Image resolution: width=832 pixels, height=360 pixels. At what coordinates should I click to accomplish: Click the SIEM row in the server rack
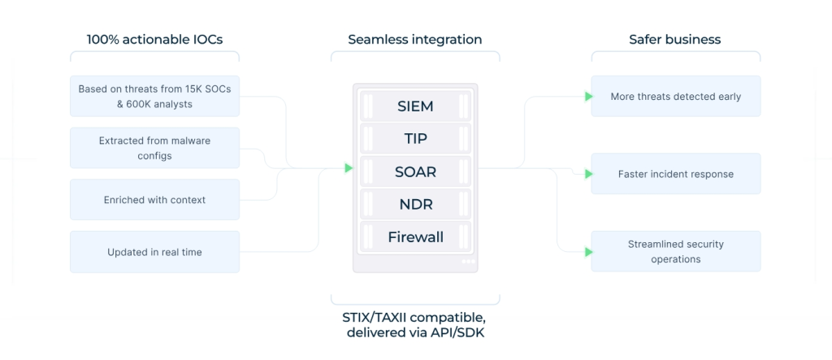click(415, 106)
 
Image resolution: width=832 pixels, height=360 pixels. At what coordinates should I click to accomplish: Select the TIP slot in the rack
click(415, 139)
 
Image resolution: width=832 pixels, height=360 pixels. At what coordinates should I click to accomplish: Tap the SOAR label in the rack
click(415, 171)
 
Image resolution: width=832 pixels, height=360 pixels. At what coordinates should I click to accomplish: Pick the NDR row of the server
click(415, 205)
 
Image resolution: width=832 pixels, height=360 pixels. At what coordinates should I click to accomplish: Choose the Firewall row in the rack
click(415, 236)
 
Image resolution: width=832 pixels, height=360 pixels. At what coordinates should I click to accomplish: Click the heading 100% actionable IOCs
click(154, 39)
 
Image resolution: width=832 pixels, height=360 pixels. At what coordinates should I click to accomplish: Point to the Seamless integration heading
click(415, 40)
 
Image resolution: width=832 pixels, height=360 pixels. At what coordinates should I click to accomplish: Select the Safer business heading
click(675, 39)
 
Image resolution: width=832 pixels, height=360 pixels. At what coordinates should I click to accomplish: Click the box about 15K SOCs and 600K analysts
click(154, 96)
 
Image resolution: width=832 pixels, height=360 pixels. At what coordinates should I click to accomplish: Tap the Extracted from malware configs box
click(154, 148)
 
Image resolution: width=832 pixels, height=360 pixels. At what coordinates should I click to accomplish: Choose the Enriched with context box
click(154, 200)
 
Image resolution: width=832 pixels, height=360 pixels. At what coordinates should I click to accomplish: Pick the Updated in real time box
click(154, 252)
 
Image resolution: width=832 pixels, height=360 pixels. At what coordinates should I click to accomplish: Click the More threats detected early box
click(675, 96)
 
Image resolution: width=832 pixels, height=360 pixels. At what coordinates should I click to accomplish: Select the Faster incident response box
click(675, 174)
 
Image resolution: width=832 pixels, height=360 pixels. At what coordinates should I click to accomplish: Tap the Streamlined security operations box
click(675, 251)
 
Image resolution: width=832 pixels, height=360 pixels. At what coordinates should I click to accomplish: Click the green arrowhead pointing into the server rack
click(349, 168)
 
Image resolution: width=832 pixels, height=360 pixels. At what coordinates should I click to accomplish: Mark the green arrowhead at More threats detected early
click(588, 97)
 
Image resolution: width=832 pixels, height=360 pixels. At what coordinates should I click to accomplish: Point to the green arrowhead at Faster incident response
click(588, 174)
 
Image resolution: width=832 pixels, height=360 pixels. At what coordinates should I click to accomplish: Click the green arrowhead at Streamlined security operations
click(588, 252)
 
